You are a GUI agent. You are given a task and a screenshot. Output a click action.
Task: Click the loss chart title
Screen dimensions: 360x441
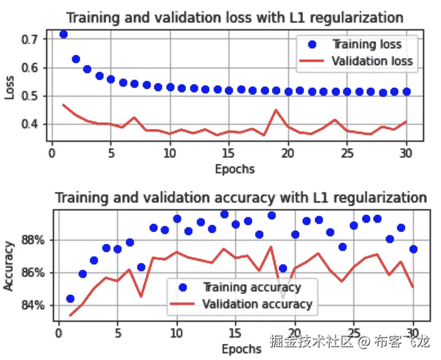[235, 17]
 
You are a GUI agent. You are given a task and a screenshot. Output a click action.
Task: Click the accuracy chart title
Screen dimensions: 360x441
[241, 198]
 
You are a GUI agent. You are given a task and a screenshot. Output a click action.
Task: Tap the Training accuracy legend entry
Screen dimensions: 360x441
[251, 287]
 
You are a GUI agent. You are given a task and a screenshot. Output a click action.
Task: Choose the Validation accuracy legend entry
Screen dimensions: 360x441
[256, 304]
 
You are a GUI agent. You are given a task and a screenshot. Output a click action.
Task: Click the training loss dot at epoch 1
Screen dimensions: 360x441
[64, 34]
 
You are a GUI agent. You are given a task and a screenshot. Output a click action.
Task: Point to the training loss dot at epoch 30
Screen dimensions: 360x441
[406, 91]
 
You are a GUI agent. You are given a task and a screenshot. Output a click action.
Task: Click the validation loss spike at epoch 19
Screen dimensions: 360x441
[276, 110]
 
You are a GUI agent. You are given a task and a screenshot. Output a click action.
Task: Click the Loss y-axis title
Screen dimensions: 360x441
[10, 88]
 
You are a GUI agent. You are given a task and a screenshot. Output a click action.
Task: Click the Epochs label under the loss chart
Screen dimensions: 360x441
[235, 168]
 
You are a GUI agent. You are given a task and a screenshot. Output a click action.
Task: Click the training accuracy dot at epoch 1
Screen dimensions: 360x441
[70, 299]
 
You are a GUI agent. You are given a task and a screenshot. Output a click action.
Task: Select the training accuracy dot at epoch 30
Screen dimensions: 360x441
[413, 249]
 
